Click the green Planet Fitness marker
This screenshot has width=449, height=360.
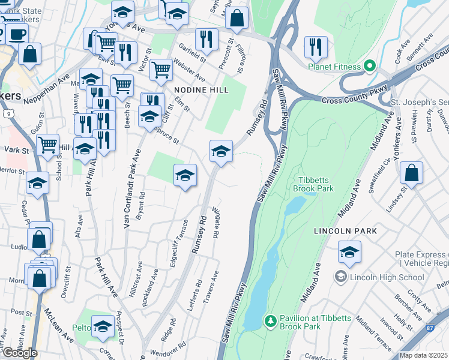pyautogui.click(x=370, y=66)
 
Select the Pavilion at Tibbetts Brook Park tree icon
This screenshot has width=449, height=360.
pyautogui.click(x=271, y=322)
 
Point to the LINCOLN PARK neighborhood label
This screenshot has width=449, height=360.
pyautogui.click(x=345, y=230)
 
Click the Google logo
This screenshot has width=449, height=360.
pyautogui.click(x=19, y=353)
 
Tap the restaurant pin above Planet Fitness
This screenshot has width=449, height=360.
pyautogui.click(x=316, y=47)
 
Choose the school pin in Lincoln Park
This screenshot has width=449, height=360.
pyautogui.click(x=349, y=252)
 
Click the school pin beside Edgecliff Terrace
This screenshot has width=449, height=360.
pyautogui.click(x=185, y=175)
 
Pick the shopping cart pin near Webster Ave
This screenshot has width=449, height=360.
pyautogui.click(x=161, y=70)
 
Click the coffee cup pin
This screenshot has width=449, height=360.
pyautogui.click(x=16, y=34)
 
